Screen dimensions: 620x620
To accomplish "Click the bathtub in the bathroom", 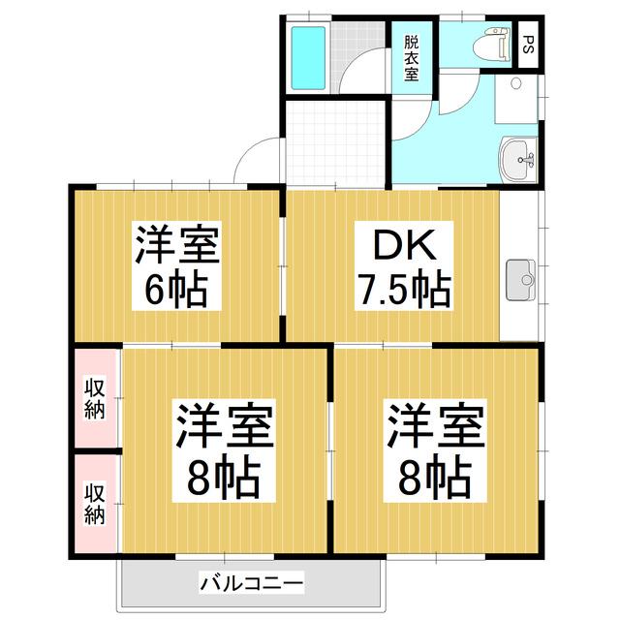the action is (308, 58).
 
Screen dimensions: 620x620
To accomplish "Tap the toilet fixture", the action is (491, 44).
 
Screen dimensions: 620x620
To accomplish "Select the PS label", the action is (528, 45).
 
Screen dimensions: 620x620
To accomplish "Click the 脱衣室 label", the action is (411, 58).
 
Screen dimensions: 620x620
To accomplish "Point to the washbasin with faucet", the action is (518, 159).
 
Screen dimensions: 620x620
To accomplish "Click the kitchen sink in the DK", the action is (521, 280).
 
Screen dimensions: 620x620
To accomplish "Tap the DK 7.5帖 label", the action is (404, 265).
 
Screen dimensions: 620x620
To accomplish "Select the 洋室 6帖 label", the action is (176, 265).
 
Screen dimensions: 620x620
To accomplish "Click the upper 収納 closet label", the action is (95, 398).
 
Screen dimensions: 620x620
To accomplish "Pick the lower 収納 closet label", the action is (95, 504).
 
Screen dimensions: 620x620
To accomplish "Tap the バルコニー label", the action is (252, 583).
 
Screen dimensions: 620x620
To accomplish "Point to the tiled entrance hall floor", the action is (335, 143).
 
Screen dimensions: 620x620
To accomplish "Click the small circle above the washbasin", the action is (516, 83).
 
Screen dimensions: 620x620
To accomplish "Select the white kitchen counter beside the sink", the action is (519, 265).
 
